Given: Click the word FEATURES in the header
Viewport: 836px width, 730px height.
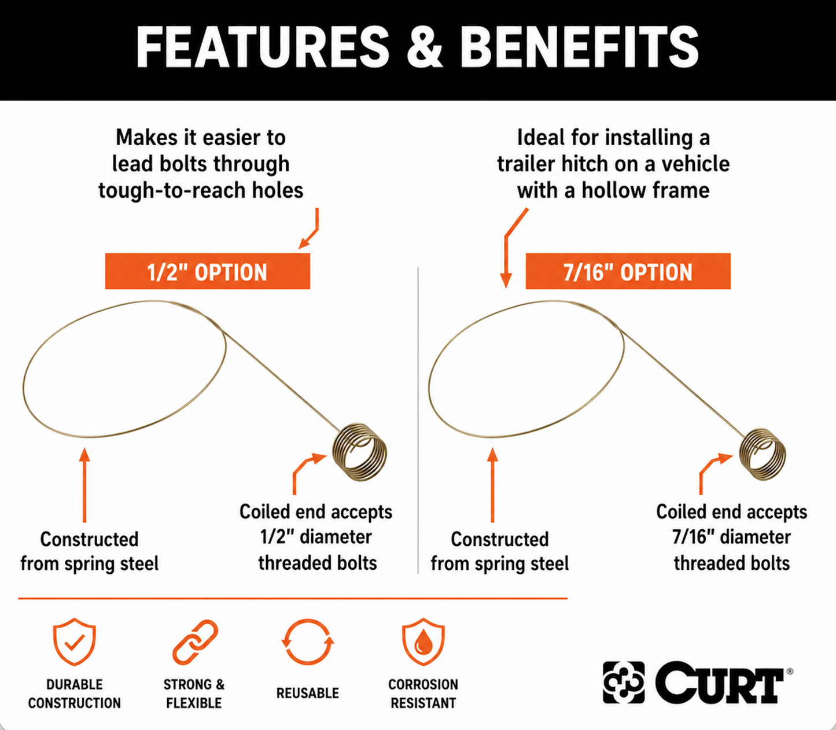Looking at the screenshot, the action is pyautogui.click(x=263, y=47).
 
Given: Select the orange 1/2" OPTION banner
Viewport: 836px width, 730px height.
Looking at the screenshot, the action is pyautogui.click(x=208, y=271).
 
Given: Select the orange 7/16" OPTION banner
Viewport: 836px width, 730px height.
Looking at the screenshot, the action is pyautogui.click(x=628, y=271).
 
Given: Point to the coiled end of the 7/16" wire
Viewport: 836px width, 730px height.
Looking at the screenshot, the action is pyautogui.click(x=763, y=454).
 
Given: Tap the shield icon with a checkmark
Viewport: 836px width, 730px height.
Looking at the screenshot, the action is pyautogui.click(x=75, y=641).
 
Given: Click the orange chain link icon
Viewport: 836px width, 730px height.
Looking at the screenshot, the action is pyautogui.click(x=195, y=642).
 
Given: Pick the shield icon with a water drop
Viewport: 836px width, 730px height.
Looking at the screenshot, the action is pyautogui.click(x=423, y=641).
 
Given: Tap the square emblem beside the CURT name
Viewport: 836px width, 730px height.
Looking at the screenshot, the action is pyautogui.click(x=624, y=683).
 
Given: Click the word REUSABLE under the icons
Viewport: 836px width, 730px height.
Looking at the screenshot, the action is pyautogui.click(x=308, y=693).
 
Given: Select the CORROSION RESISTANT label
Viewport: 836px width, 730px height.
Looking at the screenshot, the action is pyautogui.click(x=423, y=694).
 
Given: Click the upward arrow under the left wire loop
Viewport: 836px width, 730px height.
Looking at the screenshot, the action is pyautogui.click(x=84, y=485).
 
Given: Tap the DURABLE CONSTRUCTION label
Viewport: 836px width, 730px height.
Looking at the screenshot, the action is pyautogui.click(x=75, y=694).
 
